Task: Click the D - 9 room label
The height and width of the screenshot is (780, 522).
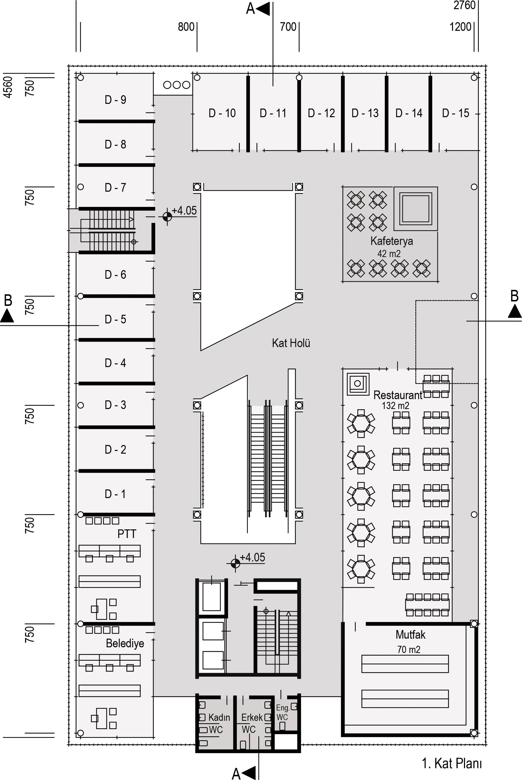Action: pyautogui.click(x=116, y=100)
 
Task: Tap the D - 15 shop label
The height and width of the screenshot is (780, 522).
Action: pyautogui.click(x=455, y=113)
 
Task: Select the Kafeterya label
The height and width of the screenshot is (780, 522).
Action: pyautogui.click(x=391, y=241)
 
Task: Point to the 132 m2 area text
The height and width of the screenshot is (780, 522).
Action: pyautogui.click(x=395, y=406)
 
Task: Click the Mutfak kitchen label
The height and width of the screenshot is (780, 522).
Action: pyautogui.click(x=410, y=634)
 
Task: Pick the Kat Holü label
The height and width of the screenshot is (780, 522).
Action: pyautogui.click(x=291, y=343)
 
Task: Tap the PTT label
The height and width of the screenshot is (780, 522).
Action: pyautogui.click(x=127, y=534)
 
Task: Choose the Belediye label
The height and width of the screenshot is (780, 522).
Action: pyautogui.click(x=125, y=643)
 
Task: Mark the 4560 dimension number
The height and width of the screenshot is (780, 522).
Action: pyautogui.click(x=8, y=87)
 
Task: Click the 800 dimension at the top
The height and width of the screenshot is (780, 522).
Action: pyautogui.click(x=186, y=27)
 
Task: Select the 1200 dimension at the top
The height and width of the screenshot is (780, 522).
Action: pyautogui.click(x=460, y=27)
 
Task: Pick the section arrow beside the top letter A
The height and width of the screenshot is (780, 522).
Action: pyautogui.click(x=263, y=9)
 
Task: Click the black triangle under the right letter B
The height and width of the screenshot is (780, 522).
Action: pyautogui.click(x=515, y=312)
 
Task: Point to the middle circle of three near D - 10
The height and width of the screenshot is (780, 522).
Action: pyautogui.click(x=177, y=85)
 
